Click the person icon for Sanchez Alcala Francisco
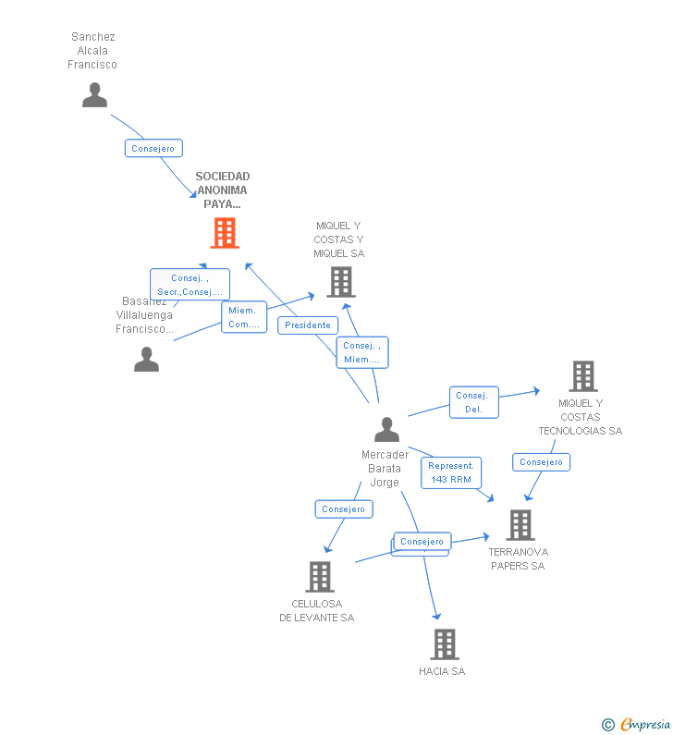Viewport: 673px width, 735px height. pos(94,94)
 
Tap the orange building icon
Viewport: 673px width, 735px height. pos(224,233)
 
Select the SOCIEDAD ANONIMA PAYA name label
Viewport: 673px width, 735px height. pos(223,190)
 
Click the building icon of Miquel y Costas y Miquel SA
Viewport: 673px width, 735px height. pos(340,282)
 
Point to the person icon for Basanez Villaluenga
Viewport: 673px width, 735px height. pos(146,359)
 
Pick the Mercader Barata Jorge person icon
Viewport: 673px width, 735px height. pos(386,430)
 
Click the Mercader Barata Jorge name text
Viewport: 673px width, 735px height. pos(385,469)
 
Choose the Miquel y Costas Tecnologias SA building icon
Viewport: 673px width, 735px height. pos(582,376)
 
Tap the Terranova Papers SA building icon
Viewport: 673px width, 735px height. pos(520,525)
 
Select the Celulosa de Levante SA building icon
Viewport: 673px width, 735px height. pos(319,577)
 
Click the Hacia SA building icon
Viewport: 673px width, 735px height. pos(444,644)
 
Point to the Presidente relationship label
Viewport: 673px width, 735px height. pos(308,325)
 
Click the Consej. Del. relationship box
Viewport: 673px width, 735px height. pos(474,402)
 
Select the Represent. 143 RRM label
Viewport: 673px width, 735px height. pos(450,472)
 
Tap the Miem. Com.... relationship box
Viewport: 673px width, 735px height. pos(244,317)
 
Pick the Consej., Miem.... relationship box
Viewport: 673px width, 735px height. pos(361,352)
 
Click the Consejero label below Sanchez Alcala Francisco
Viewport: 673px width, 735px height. pos(153,148)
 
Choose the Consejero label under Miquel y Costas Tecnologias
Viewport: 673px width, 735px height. pos(541,461)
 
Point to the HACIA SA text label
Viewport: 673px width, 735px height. pos(442,671)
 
